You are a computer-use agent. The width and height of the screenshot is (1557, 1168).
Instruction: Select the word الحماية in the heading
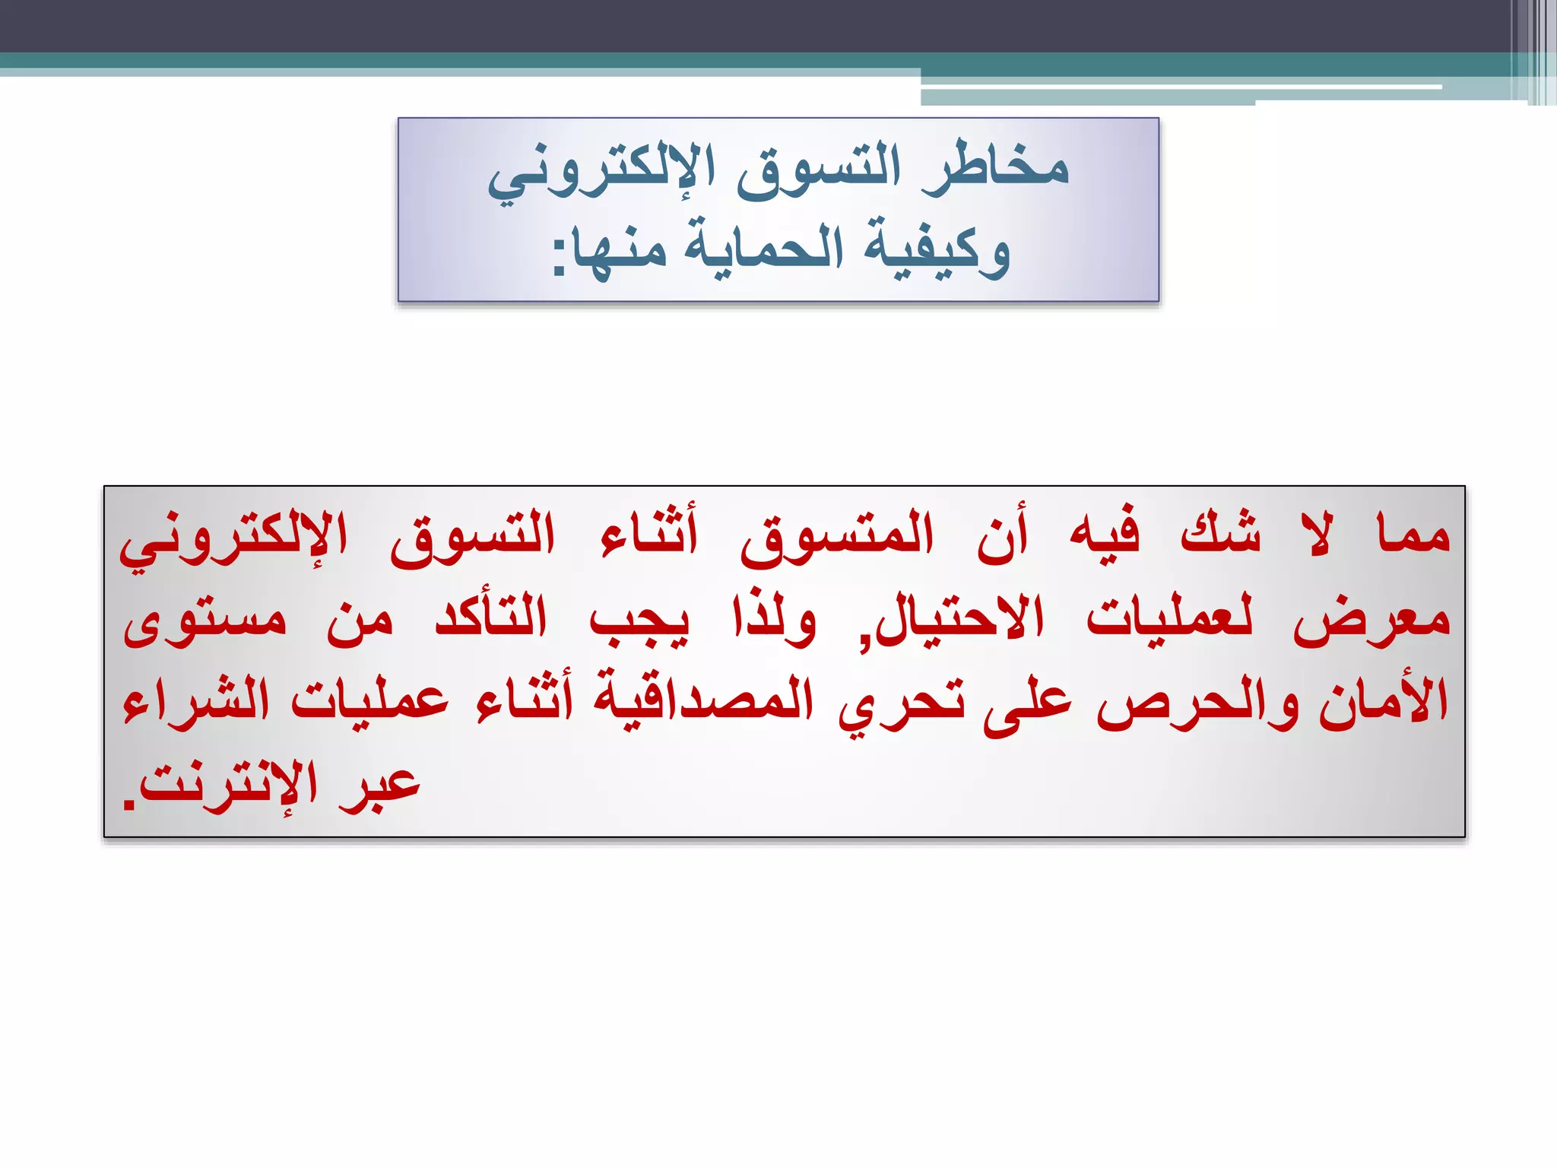pos(764,248)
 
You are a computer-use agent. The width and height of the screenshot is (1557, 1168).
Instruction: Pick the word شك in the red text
pos(1220,532)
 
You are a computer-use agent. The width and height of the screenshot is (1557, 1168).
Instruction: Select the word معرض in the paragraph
pos(1371,620)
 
